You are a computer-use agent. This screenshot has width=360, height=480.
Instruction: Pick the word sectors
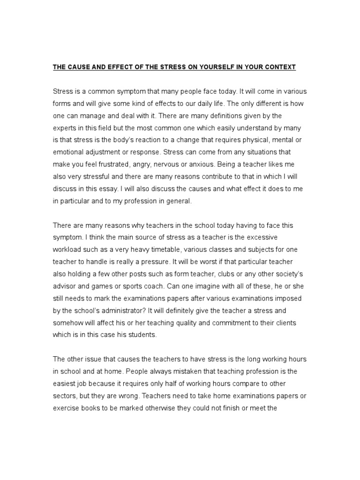(66, 396)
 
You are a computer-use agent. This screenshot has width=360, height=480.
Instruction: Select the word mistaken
(164, 371)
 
